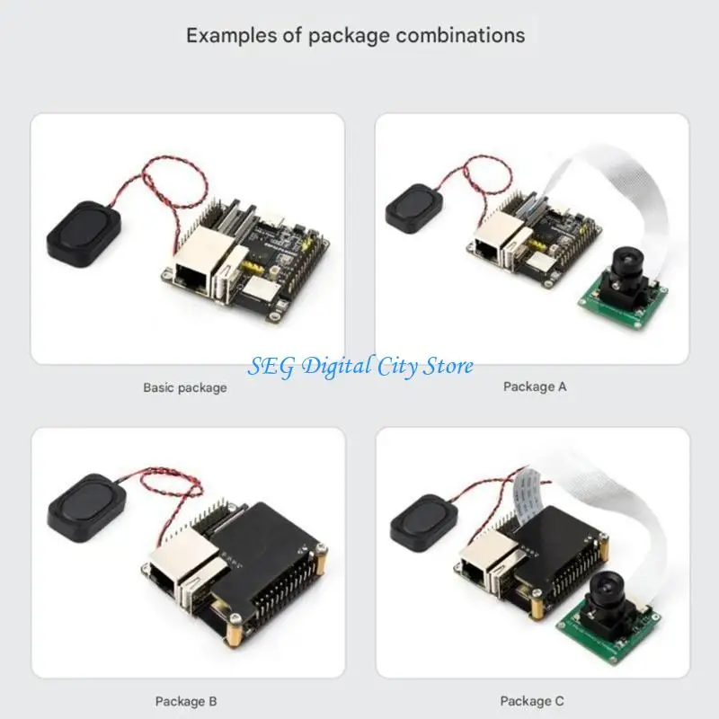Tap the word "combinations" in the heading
461,35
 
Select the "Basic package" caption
185,388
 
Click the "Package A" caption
535,387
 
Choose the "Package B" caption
186,702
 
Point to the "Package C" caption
532,701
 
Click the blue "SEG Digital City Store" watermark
360,367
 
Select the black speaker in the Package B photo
86,507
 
